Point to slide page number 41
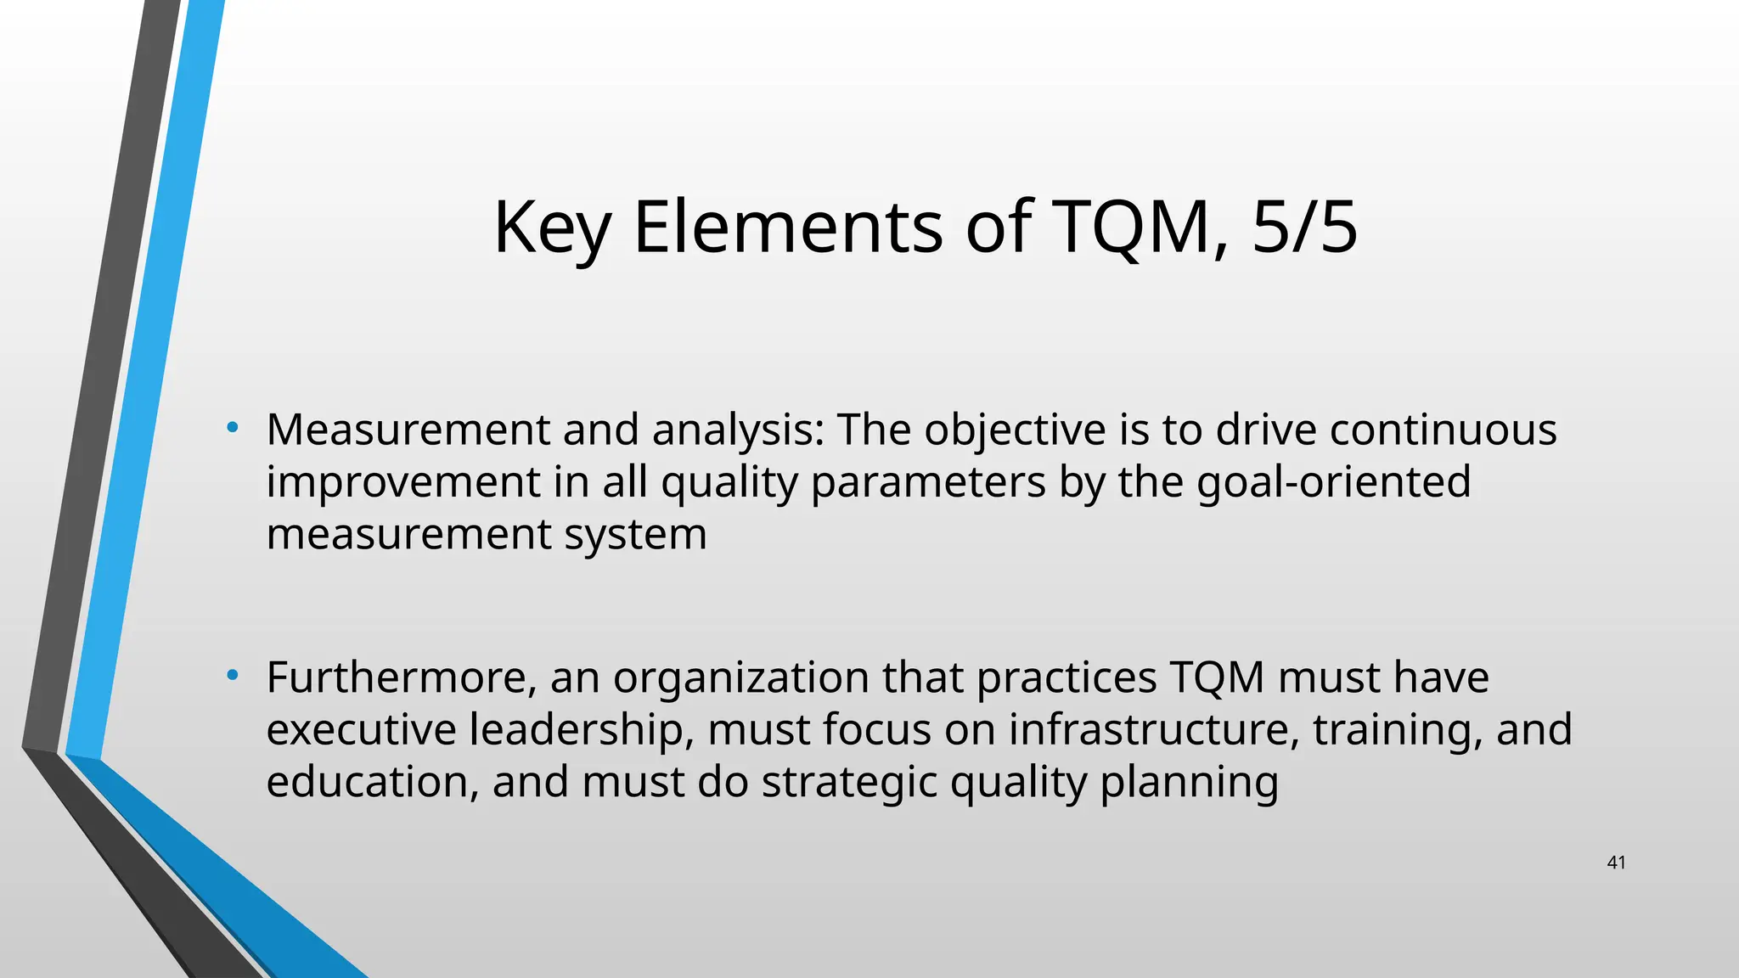point(1616,863)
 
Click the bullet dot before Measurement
point(232,426)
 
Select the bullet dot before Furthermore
point(232,675)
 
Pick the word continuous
point(1443,430)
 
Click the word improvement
point(402,483)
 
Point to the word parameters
point(928,483)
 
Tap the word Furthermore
point(401,678)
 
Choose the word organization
point(741,678)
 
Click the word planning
point(1189,783)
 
